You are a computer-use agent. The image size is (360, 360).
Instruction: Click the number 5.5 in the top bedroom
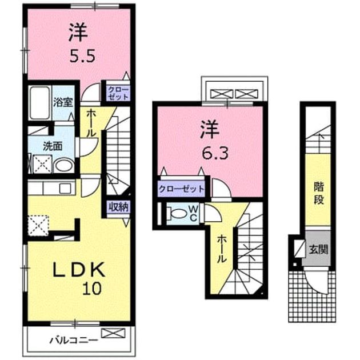[x=82, y=55]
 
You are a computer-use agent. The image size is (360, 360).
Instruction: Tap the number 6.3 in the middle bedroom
[x=215, y=152]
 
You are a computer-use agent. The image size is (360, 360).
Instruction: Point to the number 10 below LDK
[x=92, y=289]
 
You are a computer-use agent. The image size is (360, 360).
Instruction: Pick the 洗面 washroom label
[x=53, y=146]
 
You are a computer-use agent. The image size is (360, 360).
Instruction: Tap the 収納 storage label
[x=118, y=207]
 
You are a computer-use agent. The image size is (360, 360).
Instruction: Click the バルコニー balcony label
[x=74, y=340]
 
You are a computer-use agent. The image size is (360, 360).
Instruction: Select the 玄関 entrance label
[x=318, y=249]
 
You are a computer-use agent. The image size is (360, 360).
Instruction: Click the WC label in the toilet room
[x=193, y=213]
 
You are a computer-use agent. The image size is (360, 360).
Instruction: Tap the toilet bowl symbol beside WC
[x=177, y=213]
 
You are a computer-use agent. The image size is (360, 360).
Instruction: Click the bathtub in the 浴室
[x=40, y=102]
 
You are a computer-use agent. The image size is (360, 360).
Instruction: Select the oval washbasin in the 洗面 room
[x=63, y=165]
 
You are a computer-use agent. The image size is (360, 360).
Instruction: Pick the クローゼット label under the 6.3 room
[x=181, y=189]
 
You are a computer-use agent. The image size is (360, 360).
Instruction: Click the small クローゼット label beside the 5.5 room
[x=118, y=93]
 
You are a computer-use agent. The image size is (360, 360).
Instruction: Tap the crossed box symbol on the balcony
[x=113, y=333]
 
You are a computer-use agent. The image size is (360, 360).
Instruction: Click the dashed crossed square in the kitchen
[x=38, y=226]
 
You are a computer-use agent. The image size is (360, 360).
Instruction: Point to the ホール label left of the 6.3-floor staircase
[x=222, y=249]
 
